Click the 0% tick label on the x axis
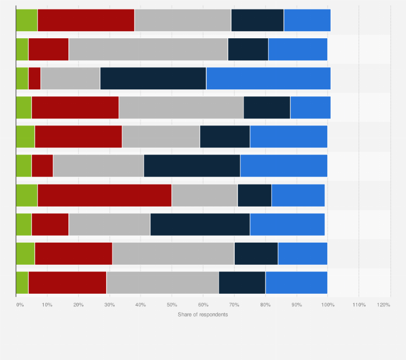coord(20,305)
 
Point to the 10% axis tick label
coord(47,305)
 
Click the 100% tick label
coord(327,305)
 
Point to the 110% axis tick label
coord(359,305)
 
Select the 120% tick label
coord(383,305)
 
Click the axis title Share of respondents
coord(203,314)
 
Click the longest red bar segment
coord(104,195)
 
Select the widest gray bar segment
coord(148,50)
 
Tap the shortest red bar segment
coord(34,79)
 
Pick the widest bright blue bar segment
coord(268,79)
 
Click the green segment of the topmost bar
coord(27,20)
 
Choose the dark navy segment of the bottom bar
coord(242,283)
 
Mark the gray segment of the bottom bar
coord(163,283)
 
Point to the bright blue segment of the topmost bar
coord(307,20)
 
